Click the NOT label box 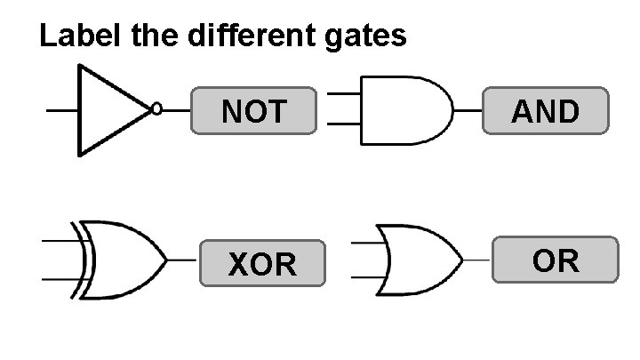click(253, 111)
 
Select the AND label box click(546, 111)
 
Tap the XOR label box click(261, 263)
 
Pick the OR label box click(555, 260)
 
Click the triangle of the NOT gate click(107, 110)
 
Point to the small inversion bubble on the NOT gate click(156, 110)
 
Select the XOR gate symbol click(124, 260)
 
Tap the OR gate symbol click(418, 260)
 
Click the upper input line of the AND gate click(343, 94)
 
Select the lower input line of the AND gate click(343, 124)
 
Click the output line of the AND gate click(468, 111)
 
